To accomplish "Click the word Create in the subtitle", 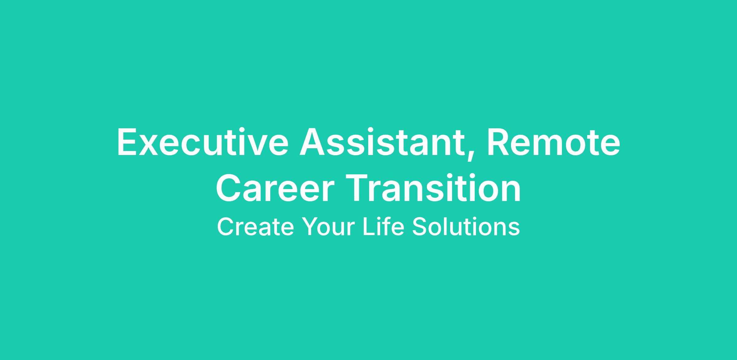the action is [255, 227].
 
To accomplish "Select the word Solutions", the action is [466, 226].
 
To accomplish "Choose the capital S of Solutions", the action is [419, 227].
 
